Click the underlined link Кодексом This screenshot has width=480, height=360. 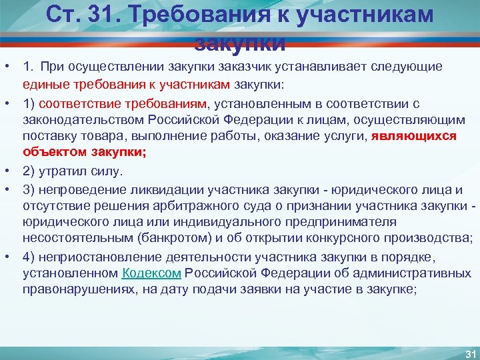[152, 273]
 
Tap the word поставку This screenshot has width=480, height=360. [47, 136]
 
